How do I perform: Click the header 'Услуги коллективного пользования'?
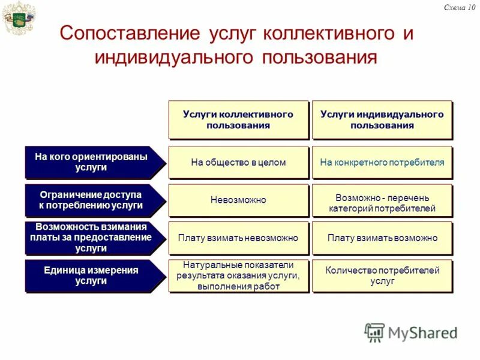pyautogui.click(x=238, y=120)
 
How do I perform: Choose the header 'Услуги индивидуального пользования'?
pyautogui.click(x=382, y=120)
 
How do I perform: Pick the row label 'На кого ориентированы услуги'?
pyautogui.click(x=91, y=162)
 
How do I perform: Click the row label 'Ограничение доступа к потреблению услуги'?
pyautogui.click(x=91, y=200)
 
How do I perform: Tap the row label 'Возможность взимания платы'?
pyautogui.click(x=91, y=238)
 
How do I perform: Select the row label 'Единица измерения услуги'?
pyautogui.click(x=91, y=275)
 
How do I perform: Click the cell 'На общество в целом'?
pyautogui.click(x=238, y=162)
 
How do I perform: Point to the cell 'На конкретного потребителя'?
pyautogui.click(x=382, y=162)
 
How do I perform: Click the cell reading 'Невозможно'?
pyautogui.click(x=238, y=200)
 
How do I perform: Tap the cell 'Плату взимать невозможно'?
pyautogui.click(x=238, y=238)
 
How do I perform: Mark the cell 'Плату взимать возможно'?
pyautogui.click(x=382, y=238)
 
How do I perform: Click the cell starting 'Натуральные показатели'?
pyautogui.click(x=238, y=275)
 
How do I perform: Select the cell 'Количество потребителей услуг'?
pyautogui.click(x=382, y=275)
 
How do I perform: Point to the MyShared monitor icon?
pyautogui.click(x=374, y=332)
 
